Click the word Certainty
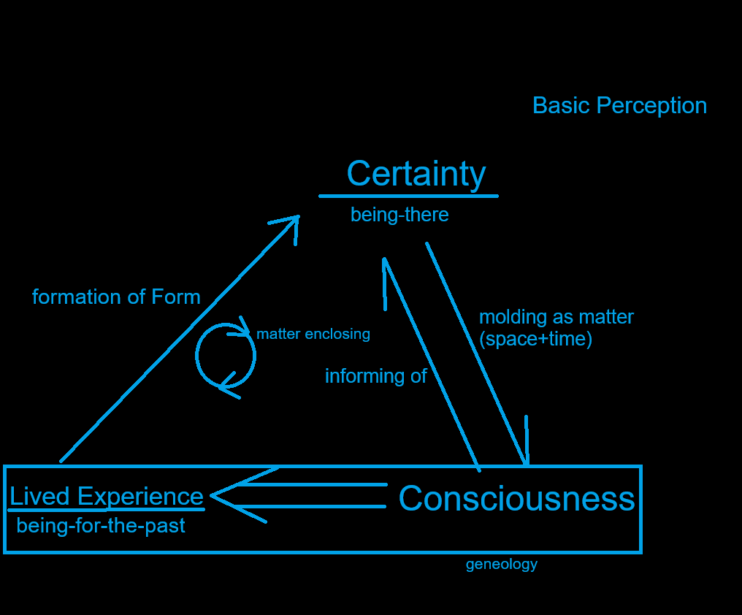pyautogui.click(x=416, y=174)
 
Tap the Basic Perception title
pyautogui.click(x=619, y=105)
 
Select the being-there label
pyautogui.click(x=399, y=215)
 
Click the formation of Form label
pyautogui.click(x=116, y=297)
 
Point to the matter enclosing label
pyautogui.click(x=313, y=334)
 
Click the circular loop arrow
pyautogui.click(x=226, y=356)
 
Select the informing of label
pyautogui.click(x=375, y=376)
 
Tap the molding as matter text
pyautogui.click(x=556, y=317)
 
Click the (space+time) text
pyautogui.click(x=535, y=339)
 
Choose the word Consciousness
pyautogui.click(x=516, y=499)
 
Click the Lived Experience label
pyautogui.click(x=106, y=497)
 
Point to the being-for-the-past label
pyautogui.click(x=101, y=525)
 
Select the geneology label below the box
pyautogui.click(x=502, y=564)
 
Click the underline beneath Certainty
pyautogui.click(x=408, y=196)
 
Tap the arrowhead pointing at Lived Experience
pyautogui.click(x=215, y=495)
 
